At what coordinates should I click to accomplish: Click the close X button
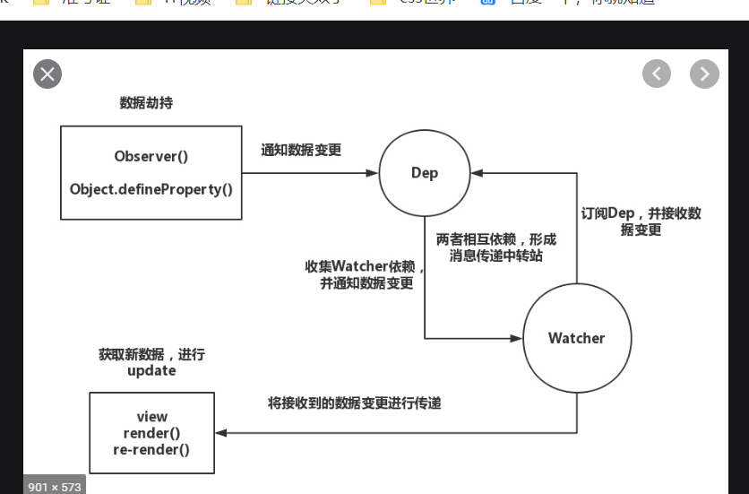tap(47, 74)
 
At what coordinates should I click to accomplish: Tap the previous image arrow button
tap(657, 74)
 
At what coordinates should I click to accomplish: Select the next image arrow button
tap(704, 74)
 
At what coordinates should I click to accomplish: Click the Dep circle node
tap(424, 173)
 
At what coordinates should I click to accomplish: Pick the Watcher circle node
tap(576, 338)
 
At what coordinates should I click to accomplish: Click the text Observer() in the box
tap(151, 156)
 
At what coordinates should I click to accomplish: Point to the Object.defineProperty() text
tap(151, 188)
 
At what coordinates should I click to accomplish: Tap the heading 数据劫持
tap(146, 103)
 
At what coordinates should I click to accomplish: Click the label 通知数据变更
tap(301, 151)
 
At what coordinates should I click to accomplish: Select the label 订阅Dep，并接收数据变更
tap(641, 221)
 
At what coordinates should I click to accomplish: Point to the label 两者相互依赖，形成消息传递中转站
tap(496, 247)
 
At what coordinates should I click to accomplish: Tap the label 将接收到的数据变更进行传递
tap(355, 403)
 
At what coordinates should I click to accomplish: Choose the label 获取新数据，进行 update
tap(151, 362)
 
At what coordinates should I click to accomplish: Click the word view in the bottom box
tap(151, 417)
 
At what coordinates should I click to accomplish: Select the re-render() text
tap(151, 449)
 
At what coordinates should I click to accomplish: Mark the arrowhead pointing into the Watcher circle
tap(517, 338)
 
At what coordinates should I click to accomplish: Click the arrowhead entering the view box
tap(220, 433)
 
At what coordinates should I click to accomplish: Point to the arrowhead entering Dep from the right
tap(476, 173)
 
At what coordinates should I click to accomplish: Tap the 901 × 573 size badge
tap(54, 486)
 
